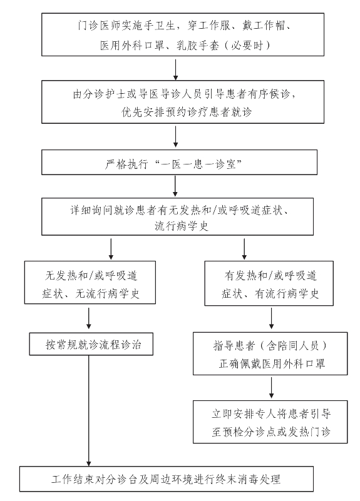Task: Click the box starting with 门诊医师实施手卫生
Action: click(183, 34)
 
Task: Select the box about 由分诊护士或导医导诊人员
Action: click(183, 102)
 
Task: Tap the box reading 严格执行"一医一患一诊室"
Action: click(179, 163)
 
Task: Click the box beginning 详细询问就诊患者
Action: click(177, 216)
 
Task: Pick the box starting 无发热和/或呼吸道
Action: click(90, 283)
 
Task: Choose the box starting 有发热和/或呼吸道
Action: click(269, 283)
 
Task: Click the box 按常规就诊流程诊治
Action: click(91, 344)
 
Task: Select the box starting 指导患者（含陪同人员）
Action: click(270, 353)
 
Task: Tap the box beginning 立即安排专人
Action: click(270, 422)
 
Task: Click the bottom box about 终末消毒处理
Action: click(167, 479)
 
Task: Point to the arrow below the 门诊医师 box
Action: click(175, 69)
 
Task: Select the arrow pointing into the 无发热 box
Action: click(111, 249)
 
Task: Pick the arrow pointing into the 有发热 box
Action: click(244, 249)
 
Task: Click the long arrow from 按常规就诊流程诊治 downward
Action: click(89, 411)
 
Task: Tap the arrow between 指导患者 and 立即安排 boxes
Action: click(272, 388)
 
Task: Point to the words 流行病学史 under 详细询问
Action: click(182, 226)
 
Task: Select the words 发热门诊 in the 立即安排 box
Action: click(309, 432)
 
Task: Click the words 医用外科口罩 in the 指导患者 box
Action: click(293, 363)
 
